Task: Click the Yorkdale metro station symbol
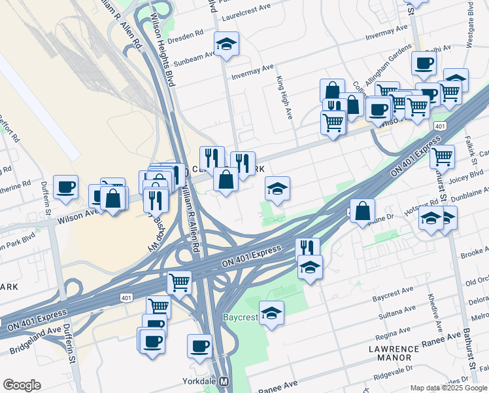click(x=224, y=381)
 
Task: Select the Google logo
click(x=22, y=385)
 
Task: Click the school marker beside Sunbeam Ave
click(x=227, y=44)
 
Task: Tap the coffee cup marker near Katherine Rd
click(x=65, y=187)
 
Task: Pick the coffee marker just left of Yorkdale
click(x=199, y=346)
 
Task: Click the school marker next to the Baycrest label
click(x=271, y=313)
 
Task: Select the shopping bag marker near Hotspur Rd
click(x=362, y=211)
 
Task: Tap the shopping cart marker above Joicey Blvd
click(x=443, y=157)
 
